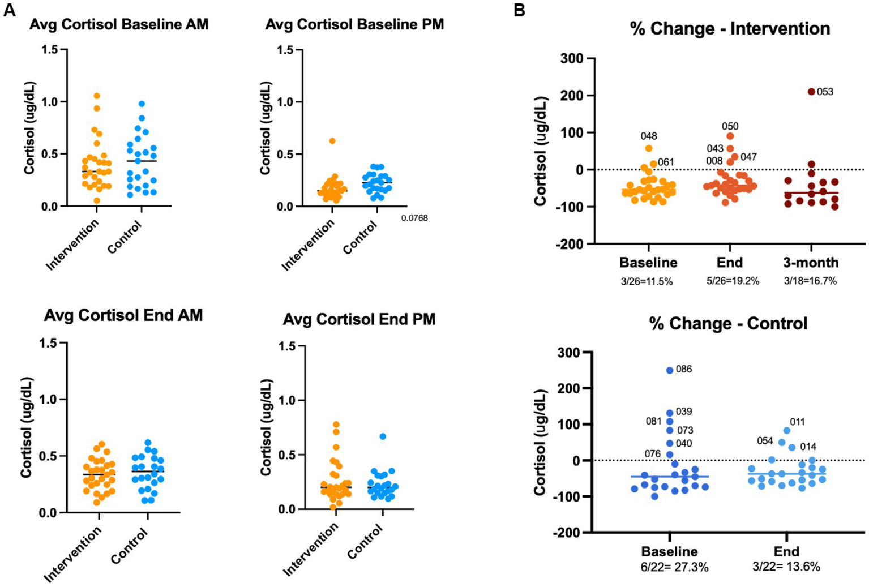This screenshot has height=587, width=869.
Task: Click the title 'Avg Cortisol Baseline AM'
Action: click(119, 24)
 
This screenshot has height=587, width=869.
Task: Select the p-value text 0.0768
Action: click(414, 218)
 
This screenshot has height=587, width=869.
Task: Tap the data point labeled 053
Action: click(811, 92)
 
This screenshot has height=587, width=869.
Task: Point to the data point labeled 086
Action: click(670, 370)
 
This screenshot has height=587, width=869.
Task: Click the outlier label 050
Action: click(730, 126)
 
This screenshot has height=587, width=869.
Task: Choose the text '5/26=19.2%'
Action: click(733, 281)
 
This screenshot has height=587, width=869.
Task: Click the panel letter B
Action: click(520, 10)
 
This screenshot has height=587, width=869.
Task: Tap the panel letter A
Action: click(10, 10)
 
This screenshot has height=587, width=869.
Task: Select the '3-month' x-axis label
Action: click(811, 263)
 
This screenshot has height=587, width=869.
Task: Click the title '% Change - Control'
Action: click(728, 324)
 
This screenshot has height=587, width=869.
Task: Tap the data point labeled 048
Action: click(649, 148)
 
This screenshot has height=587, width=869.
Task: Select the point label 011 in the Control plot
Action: click(797, 422)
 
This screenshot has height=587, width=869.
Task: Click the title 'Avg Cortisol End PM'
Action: click(359, 319)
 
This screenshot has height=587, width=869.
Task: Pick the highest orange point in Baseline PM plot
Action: click(332, 141)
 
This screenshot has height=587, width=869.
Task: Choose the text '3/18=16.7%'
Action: click(810, 281)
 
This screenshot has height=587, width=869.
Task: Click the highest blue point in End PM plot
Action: click(383, 436)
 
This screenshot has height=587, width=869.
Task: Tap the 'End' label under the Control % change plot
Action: click(786, 551)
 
